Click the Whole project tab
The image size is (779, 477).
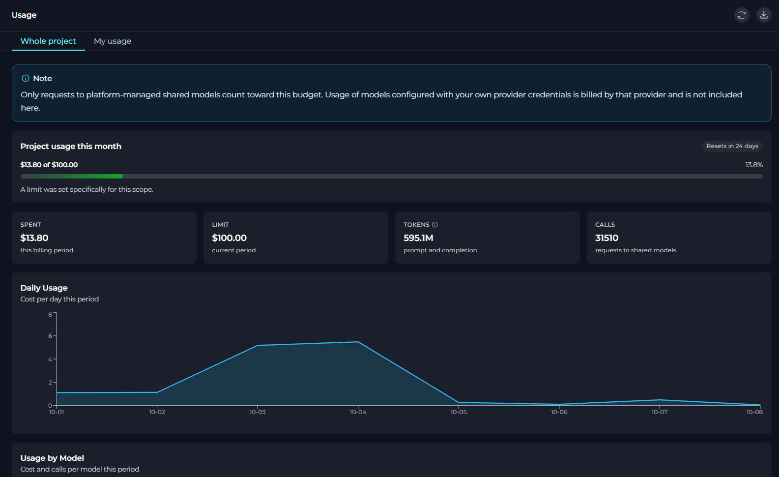pos(48,41)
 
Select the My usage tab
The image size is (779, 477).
pos(113,41)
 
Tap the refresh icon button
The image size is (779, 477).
pos(742,15)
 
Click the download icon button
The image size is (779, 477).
pos(764,15)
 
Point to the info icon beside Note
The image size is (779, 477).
pos(26,78)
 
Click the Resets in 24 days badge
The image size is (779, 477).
pos(732,146)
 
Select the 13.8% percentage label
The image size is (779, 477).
pos(754,165)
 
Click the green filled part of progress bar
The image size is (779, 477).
pos(72,177)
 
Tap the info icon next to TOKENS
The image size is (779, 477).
pos(434,225)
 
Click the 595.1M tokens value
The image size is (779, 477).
pos(418,238)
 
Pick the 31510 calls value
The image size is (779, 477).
pos(606,238)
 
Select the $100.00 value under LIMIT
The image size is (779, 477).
pos(229,238)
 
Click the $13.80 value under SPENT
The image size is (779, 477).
pos(34,238)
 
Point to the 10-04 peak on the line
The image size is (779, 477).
pos(358,342)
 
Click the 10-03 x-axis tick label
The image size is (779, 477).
pos(258,412)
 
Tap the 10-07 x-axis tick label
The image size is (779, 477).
pos(660,412)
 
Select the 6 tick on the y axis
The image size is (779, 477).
pos(50,336)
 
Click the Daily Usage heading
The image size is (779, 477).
pos(44,288)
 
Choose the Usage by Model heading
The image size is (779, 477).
pos(52,458)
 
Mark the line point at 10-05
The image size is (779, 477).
pos(459,403)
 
